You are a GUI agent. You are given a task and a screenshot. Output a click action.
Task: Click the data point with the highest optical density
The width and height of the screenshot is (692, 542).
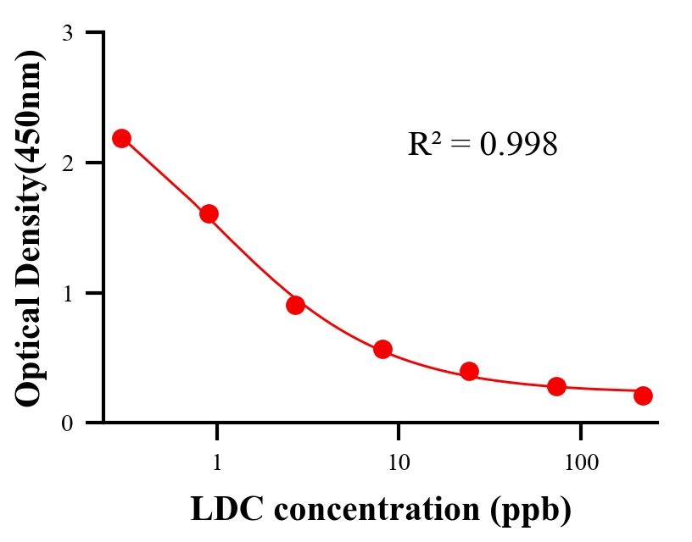(121, 138)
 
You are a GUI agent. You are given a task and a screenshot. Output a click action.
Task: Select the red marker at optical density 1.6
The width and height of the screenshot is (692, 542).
(209, 213)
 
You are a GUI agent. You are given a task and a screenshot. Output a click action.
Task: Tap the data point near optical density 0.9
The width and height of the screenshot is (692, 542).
(295, 305)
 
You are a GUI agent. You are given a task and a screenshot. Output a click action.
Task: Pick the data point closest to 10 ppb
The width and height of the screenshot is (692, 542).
(382, 349)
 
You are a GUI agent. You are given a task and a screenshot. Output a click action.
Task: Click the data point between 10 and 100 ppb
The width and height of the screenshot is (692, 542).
(469, 371)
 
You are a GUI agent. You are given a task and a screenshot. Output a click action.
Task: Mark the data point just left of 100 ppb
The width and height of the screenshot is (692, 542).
(556, 386)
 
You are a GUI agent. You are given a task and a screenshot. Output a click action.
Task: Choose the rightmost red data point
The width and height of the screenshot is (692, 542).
(643, 395)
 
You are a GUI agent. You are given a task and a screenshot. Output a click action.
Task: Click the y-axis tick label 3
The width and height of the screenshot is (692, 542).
(67, 33)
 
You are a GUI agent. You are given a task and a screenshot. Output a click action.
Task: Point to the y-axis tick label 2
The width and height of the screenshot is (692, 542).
(67, 163)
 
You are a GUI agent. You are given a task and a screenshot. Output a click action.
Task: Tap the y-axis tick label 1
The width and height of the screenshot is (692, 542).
(67, 293)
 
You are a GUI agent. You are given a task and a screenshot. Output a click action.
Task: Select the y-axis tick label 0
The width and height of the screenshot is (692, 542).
(67, 423)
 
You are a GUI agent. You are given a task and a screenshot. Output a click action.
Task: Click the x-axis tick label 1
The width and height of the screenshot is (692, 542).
(217, 463)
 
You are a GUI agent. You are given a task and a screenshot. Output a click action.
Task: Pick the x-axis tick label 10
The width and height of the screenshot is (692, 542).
(399, 463)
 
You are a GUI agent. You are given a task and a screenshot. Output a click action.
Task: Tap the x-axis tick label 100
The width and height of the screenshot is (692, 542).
(580, 463)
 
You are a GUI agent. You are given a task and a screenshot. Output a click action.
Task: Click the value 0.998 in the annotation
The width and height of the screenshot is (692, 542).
(518, 145)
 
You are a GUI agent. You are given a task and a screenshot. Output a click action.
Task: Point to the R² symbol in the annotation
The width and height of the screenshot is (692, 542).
(425, 144)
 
